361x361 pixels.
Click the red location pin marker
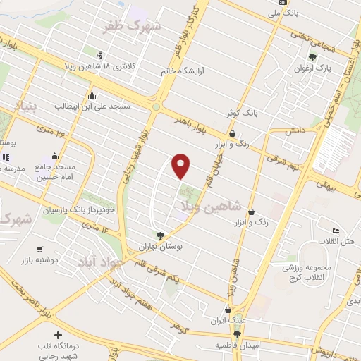tap(182, 166)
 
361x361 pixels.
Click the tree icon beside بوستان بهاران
tap(161, 237)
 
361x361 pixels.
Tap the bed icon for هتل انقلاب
tap(336, 231)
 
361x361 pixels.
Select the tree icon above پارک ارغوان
tap(312, 57)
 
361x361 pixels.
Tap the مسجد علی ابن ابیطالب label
tap(93, 106)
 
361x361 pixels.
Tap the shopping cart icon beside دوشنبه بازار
tap(39, 249)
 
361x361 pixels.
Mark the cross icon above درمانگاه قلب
tap(58, 335)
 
